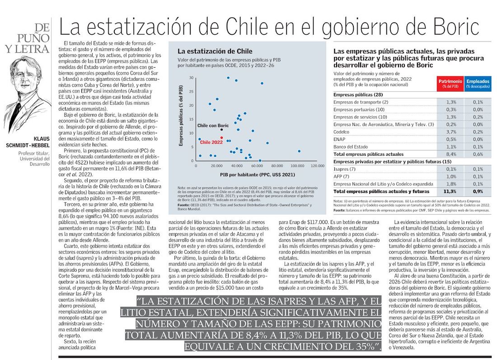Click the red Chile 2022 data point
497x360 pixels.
(222, 137)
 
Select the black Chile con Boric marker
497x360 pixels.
(221, 130)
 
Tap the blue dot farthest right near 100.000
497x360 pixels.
(299, 151)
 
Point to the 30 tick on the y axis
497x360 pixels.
(192, 78)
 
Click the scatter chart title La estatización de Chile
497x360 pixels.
(215, 51)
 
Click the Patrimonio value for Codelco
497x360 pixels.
(450, 132)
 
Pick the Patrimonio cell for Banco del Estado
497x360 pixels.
(450, 146)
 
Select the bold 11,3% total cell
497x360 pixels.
(450, 192)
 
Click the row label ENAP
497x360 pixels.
(339, 139)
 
